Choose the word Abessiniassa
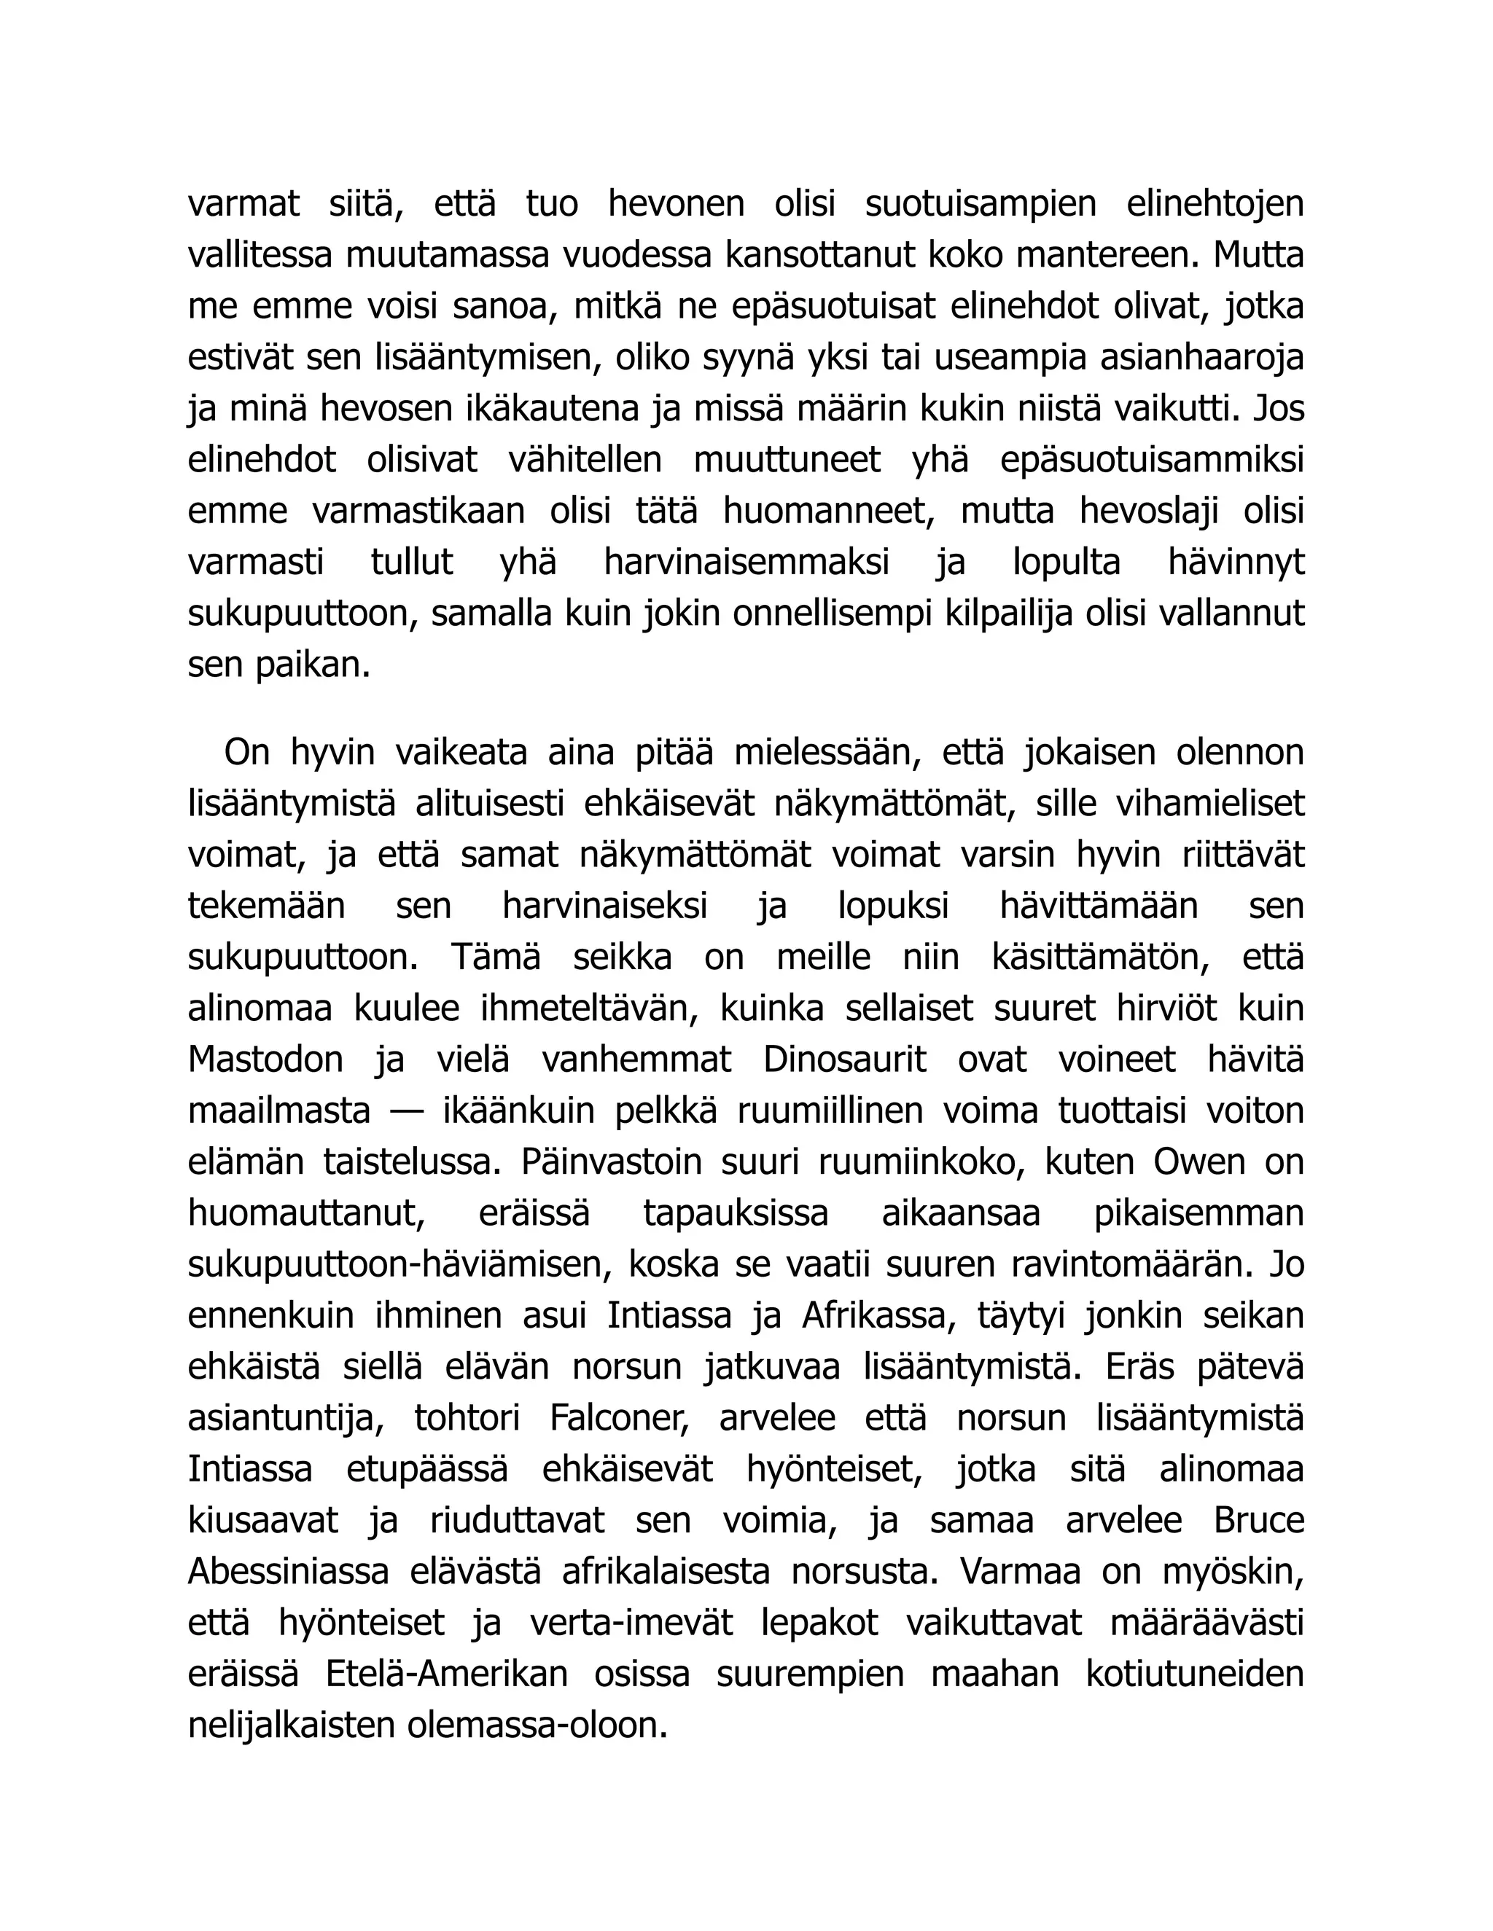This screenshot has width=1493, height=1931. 289,1572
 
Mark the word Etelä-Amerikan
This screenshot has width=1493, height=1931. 447,1675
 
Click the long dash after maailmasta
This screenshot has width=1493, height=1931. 406,1111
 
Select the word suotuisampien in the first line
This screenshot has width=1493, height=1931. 980,203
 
